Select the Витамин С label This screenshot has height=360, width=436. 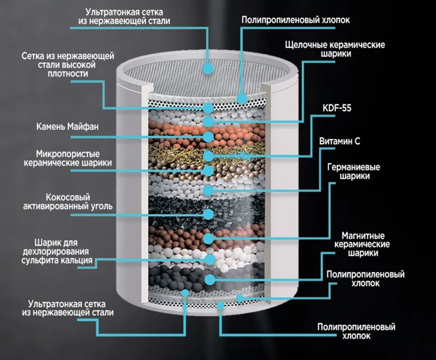tap(340, 142)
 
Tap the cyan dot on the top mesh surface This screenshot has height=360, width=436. tap(208, 68)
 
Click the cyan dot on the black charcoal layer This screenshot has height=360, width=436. tap(208, 214)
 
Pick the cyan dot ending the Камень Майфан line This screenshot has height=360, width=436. tap(209, 137)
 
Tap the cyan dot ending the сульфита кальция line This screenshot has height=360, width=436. tap(210, 260)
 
